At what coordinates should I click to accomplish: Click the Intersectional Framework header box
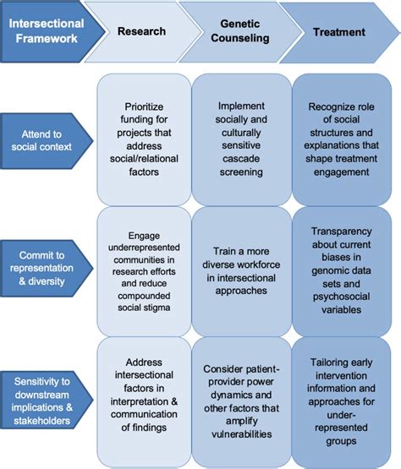point(47,33)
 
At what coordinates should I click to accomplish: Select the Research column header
point(141,32)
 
